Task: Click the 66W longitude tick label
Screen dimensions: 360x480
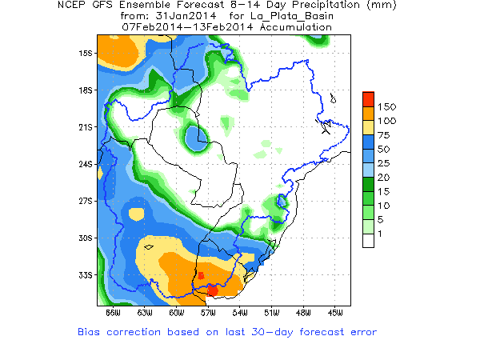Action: [x=113, y=312]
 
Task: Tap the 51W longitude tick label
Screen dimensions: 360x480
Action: [x=271, y=312]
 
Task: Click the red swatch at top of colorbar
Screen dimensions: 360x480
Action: [x=368, y=98]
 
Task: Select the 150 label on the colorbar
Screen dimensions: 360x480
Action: [x=387, y=106]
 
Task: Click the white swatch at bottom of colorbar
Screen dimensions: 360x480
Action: [x=368, y=240]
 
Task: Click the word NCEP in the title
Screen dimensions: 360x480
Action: [x=74, y=6]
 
